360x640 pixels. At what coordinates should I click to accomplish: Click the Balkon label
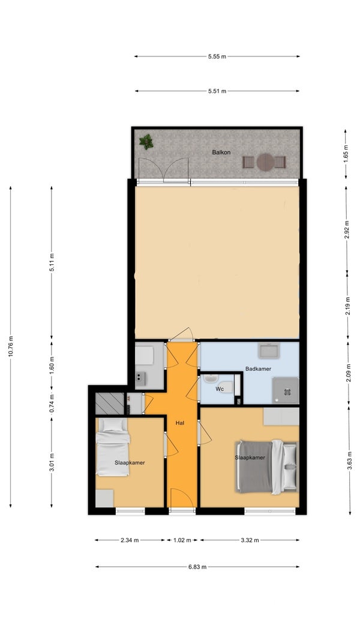(x=221, y=152)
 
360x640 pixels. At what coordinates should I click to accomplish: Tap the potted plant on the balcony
(x=146, y=142)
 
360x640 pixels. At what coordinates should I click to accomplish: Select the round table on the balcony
(x=265, y=162)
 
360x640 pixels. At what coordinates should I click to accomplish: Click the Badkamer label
(x=258, y=369)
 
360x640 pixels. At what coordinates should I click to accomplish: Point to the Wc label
(x=220, y=389)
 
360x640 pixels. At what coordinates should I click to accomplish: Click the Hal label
(x=180, y=423)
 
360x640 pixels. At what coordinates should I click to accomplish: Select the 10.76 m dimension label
(x=11, y=346)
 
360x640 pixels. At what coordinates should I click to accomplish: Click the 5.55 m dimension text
(x=217, y=56)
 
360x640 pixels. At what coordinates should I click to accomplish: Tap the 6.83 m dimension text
(x=197, y=567)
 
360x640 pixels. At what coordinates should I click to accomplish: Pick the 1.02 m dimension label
(x=182, y=540)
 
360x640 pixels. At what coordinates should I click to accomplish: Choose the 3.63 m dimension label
(x=349, y=460)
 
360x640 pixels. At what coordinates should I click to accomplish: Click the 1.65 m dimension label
(x=346, y=154)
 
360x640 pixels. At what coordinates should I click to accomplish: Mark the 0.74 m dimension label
(x=52, y=403)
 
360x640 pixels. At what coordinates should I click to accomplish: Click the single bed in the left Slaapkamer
(x=113, y=447)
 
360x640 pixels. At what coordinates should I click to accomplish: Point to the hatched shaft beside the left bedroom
(x=109, y=403)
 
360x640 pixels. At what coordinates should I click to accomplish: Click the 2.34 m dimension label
(x=130, y=540)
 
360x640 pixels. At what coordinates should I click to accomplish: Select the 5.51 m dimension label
(x=217, y=91)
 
